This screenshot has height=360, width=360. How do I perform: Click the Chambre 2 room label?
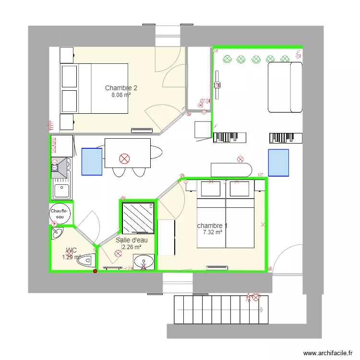[x=121, y=88]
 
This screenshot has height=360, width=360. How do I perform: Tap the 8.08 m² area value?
[x=121, y=95]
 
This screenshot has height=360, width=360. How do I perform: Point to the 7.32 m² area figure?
[x=212, y=232]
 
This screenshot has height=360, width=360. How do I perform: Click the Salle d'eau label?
[x=132, y=240]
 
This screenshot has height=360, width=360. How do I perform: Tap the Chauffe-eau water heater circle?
[x=60, y=214]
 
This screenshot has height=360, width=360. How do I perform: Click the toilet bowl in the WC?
[x=86, y=260]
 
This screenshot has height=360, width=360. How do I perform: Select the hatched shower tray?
[x=138, y=218]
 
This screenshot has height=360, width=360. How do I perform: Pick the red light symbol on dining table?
[x=124, y=159]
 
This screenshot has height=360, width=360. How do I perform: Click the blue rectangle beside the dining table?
[x=92, y=162]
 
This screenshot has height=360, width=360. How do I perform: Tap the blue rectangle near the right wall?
[x=278, y=163]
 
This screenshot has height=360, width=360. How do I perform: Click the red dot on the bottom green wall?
[x=95, y=271]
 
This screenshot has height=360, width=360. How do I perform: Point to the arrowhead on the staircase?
[x=262, y=310]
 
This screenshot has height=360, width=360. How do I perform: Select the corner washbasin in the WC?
[x=57, y=233]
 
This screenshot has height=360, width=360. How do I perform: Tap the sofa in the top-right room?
[x=285, y=87]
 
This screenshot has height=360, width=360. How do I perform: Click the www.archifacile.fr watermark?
[x=328, y=353]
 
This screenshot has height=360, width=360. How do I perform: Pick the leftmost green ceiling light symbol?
[x=227, y=59]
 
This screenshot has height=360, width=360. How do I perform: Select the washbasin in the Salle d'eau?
[x=144, y=262]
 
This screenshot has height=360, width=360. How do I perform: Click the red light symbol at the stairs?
[x=256, y=297]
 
